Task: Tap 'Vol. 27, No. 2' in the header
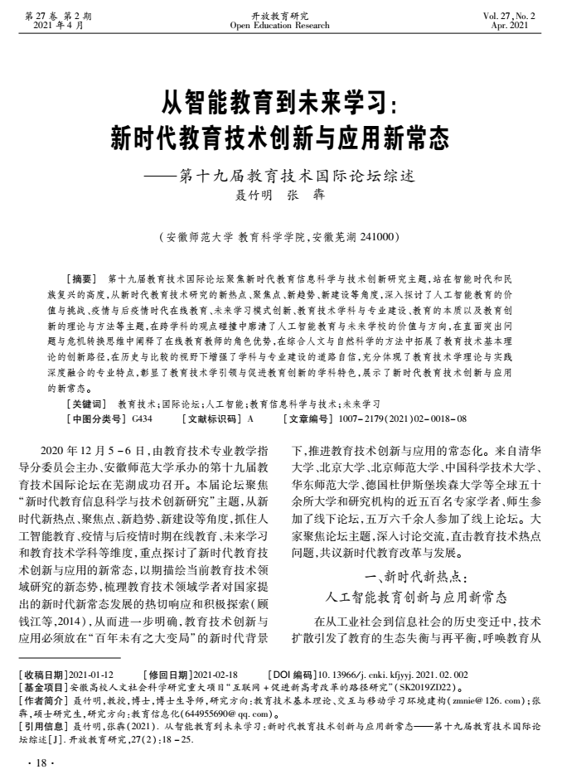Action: tap(533, 16)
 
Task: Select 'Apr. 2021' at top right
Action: tap(540, 26)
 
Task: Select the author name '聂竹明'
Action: tap(254, 196)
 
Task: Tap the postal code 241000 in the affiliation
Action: tap(381, 236)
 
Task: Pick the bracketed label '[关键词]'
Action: tap(85, 404)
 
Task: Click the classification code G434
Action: tap(142, 419)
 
